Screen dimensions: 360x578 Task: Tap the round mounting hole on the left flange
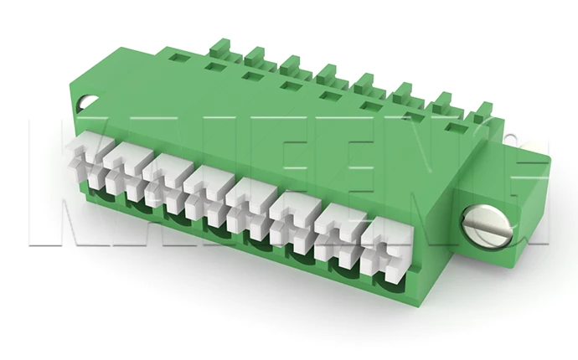(x=87, y=104)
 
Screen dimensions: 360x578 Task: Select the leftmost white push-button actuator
(x=98, y=158)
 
